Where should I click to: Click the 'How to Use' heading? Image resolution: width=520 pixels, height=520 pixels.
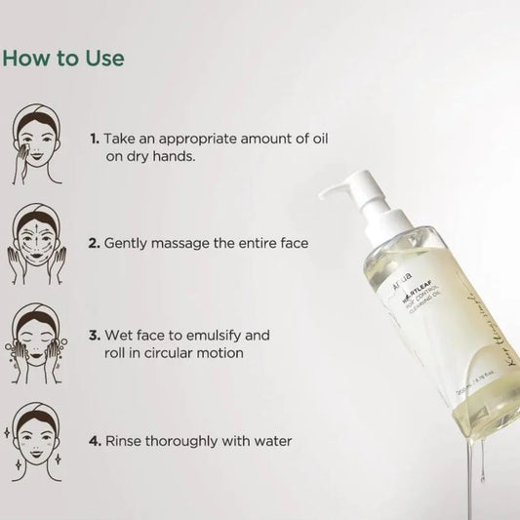point(63,58)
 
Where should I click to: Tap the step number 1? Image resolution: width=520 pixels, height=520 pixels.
point(94,140)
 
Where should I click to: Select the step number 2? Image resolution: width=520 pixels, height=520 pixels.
point(94,241)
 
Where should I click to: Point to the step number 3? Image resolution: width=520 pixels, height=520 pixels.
point(94,335)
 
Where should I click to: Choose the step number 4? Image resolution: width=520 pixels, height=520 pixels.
point(94,441)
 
